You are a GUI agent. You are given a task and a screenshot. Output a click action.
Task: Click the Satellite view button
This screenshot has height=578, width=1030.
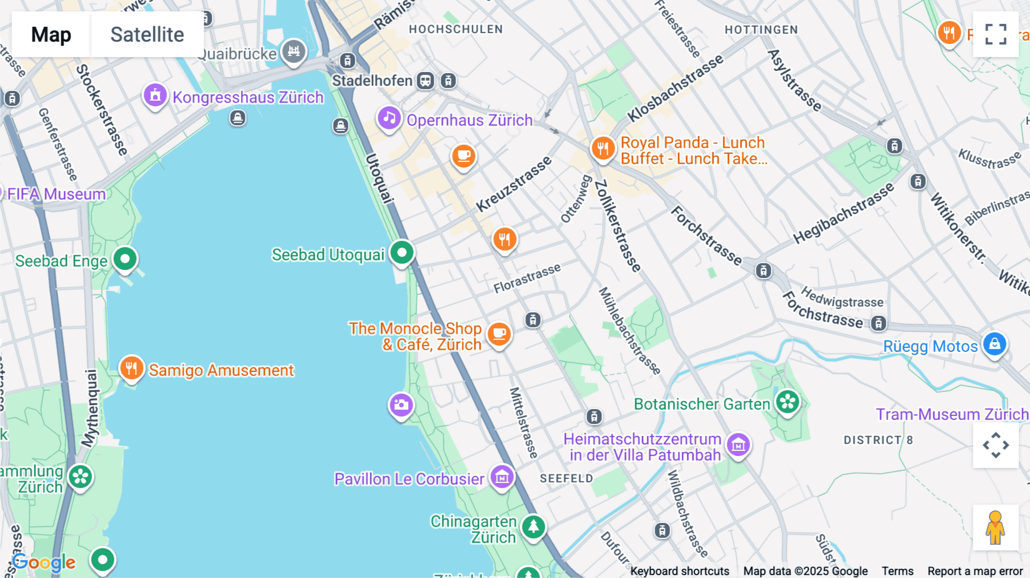pyautogui.click(x=147, y=34)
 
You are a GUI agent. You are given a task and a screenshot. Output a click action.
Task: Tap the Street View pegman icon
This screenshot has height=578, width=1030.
pyautogui.click(x=995, y=528)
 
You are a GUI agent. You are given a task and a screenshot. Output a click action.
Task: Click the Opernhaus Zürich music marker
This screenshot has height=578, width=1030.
pyautogui.click(x=389, y=118)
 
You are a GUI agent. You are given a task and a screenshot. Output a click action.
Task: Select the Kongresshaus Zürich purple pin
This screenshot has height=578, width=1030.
pyautogui.click(x=155, y=96)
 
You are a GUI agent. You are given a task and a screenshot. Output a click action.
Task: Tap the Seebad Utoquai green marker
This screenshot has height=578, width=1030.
pyautogui.click(x=402, y=252)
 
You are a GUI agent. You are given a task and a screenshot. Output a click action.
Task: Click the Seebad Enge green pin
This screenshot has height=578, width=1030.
pyautogui.click(x=125, y=259)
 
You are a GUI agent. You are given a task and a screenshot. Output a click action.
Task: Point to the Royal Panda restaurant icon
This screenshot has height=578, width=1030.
pyautogui.click(x=603, y=148)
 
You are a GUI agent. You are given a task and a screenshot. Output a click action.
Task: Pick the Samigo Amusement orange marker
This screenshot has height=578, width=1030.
pyautogui.click(x=132, y=368)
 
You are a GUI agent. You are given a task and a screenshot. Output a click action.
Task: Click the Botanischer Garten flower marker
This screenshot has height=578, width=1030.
pyautogui.click(x=787, y=402)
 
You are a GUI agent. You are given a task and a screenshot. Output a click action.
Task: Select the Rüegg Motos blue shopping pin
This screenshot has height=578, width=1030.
pyautogui.click(x=995, y=344)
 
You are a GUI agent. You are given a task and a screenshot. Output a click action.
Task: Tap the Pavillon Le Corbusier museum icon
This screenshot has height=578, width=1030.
pyautogui.click(x=502, y=476)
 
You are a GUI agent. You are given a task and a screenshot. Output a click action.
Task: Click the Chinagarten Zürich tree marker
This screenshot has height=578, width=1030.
pyautogui.click(x=533, y=525)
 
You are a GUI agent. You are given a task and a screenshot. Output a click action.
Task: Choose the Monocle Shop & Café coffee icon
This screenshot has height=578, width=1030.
pyautogui.click(x=499, y=332)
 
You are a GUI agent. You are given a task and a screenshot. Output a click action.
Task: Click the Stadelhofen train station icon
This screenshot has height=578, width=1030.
pyautogui.click(x=425, y=81)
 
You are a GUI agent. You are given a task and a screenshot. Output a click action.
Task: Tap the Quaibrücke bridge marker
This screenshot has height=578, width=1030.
pyautogui.click(x=294, y=52)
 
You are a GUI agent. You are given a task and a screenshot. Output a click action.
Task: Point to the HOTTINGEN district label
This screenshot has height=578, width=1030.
pyautogui.click(x=761, y=30)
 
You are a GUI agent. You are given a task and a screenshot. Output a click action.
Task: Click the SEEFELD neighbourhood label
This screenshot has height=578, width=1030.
pyautogui.click(x=566, y=478)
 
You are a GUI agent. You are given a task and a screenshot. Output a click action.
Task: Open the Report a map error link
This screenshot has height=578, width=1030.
pyautogui.click(x=974, y=571)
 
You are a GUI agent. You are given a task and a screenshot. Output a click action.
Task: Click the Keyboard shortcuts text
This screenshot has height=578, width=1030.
pyautogui.click(x=679, y=571)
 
